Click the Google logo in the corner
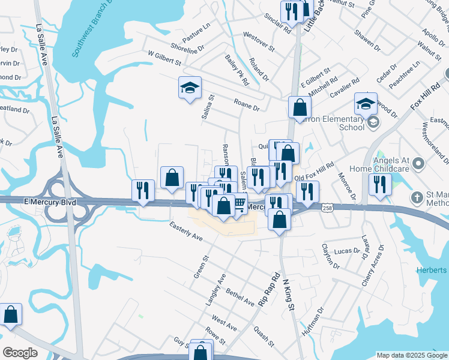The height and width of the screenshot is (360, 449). tap(20, 353)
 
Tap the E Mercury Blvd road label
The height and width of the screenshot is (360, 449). tap(50, 202)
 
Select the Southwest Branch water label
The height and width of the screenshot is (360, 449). tap(92, 30)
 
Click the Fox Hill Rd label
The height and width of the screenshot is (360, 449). tap(426, 95)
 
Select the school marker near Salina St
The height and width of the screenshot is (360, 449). tap(190, 89)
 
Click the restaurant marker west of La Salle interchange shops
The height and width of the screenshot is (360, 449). tap(142, 191)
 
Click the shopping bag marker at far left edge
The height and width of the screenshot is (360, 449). tap(10, 314)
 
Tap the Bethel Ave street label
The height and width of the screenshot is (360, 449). tap(240, 297)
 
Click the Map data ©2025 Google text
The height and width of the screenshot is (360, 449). tap(412, 355)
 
